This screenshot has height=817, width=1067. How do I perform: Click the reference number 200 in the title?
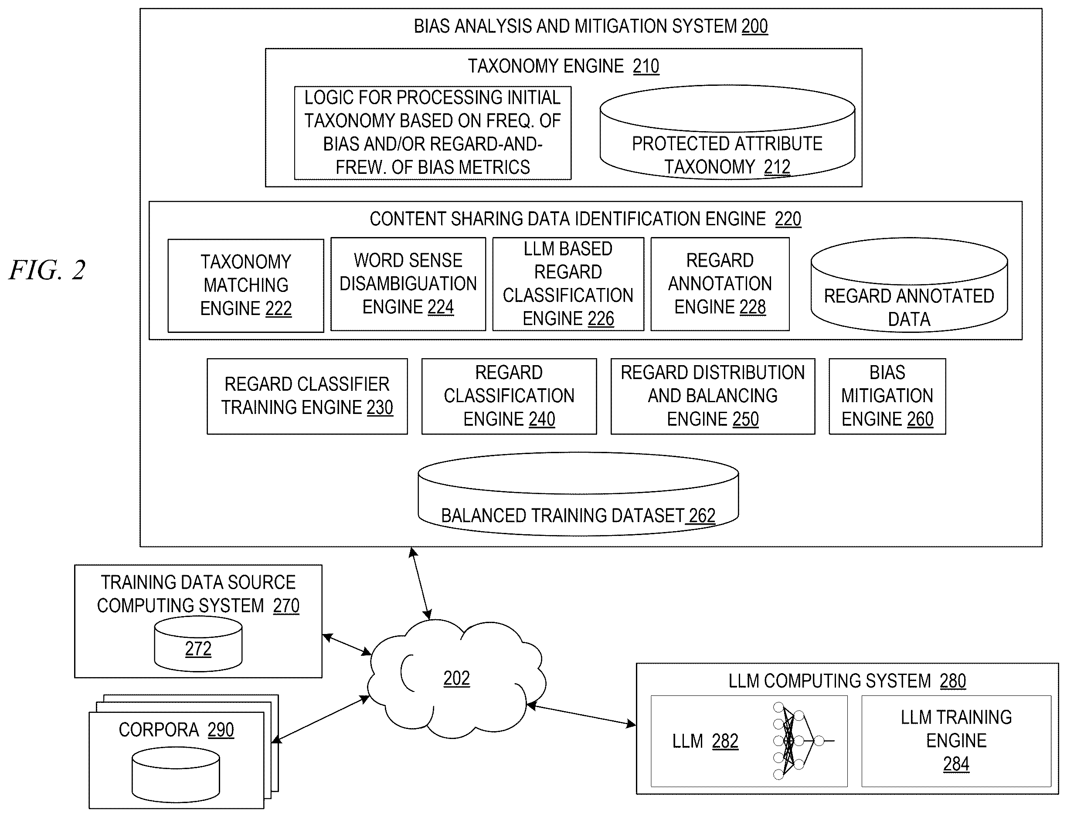(x=754, y=26)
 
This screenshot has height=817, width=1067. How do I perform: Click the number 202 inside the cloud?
(x=456, y=678)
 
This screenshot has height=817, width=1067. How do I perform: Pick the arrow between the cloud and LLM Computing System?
(x=581, y=715)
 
